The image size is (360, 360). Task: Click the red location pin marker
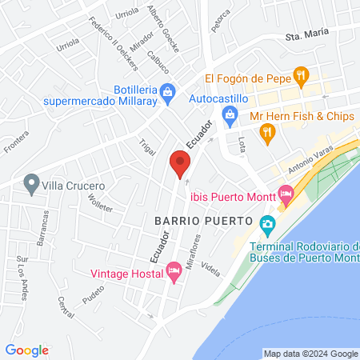click(180, 164)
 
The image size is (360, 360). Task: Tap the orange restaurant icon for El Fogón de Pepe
click(302, 76)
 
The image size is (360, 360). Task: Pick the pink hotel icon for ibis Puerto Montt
click(285, 194)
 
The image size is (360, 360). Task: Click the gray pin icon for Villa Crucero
click(32, 185)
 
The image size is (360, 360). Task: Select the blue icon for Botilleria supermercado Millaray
click(166, 93)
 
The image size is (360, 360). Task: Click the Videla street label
click(211, 267)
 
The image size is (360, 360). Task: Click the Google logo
click(27, 350)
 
